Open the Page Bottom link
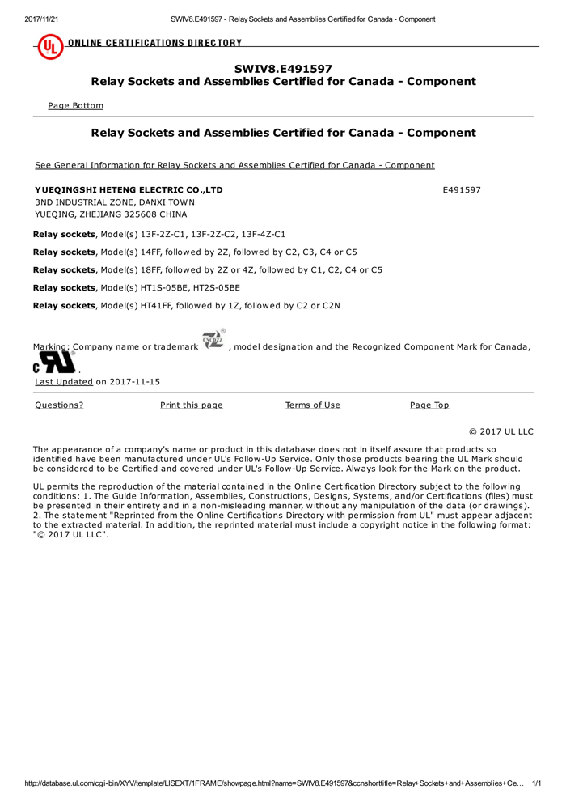75,105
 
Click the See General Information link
234,165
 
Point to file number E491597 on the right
462,189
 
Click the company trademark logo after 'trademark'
212,342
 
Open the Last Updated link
64,382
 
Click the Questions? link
59,405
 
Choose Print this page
191,405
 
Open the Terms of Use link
312,405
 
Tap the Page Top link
429,405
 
